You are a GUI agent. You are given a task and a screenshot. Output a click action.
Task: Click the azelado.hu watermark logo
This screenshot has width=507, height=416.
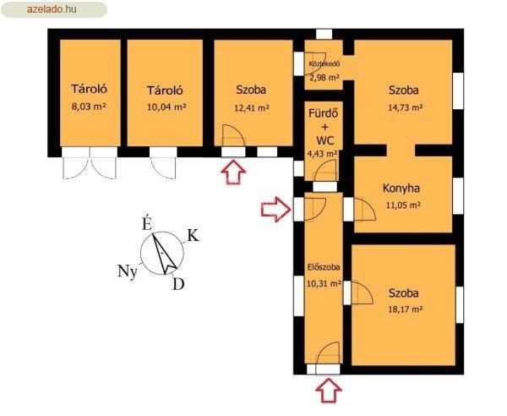coord(53,9)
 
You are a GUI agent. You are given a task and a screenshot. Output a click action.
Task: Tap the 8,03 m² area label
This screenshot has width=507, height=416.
coord(89,106)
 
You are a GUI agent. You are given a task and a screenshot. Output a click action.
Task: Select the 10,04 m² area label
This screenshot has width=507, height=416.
coord(166,107)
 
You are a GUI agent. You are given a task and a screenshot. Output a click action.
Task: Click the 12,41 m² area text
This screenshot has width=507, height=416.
coord(252,107)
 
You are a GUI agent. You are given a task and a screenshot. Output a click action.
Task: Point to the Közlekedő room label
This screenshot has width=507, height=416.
coord(324,63)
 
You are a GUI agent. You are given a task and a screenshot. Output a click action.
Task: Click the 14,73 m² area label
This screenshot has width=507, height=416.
coord(405,107)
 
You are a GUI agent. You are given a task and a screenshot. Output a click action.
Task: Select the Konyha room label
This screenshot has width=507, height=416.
coord(401,189)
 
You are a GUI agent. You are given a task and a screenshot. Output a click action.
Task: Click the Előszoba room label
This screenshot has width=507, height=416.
coord(324,267)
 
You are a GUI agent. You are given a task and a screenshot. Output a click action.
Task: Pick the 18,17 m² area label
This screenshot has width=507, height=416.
coord(406,309)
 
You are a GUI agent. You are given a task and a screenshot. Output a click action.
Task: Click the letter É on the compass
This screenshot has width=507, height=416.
coord(147,223)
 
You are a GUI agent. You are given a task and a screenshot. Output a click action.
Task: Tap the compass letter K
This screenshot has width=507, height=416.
coord(194,236)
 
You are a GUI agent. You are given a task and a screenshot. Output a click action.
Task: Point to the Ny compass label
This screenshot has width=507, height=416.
coord(127,271)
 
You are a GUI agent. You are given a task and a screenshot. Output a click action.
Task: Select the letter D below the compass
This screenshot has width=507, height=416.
coord(178,284)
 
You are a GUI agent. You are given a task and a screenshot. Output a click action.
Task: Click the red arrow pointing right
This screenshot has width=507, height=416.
coord(275,210)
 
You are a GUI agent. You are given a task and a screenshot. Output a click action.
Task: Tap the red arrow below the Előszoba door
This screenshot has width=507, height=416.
coord(329,391)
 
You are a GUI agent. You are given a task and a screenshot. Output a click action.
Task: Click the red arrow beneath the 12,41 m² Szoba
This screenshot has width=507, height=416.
coord(233,172)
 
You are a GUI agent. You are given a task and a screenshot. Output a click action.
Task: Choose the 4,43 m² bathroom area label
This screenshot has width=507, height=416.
coord(323,153)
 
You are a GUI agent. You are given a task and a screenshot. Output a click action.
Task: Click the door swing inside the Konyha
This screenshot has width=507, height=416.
coord(365,210)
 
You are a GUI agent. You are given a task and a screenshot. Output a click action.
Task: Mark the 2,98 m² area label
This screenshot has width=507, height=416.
coord(324,77)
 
